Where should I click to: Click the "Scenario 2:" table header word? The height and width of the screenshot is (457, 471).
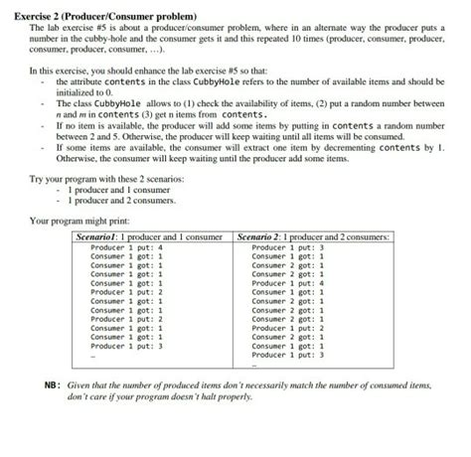[x=263, y=238]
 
